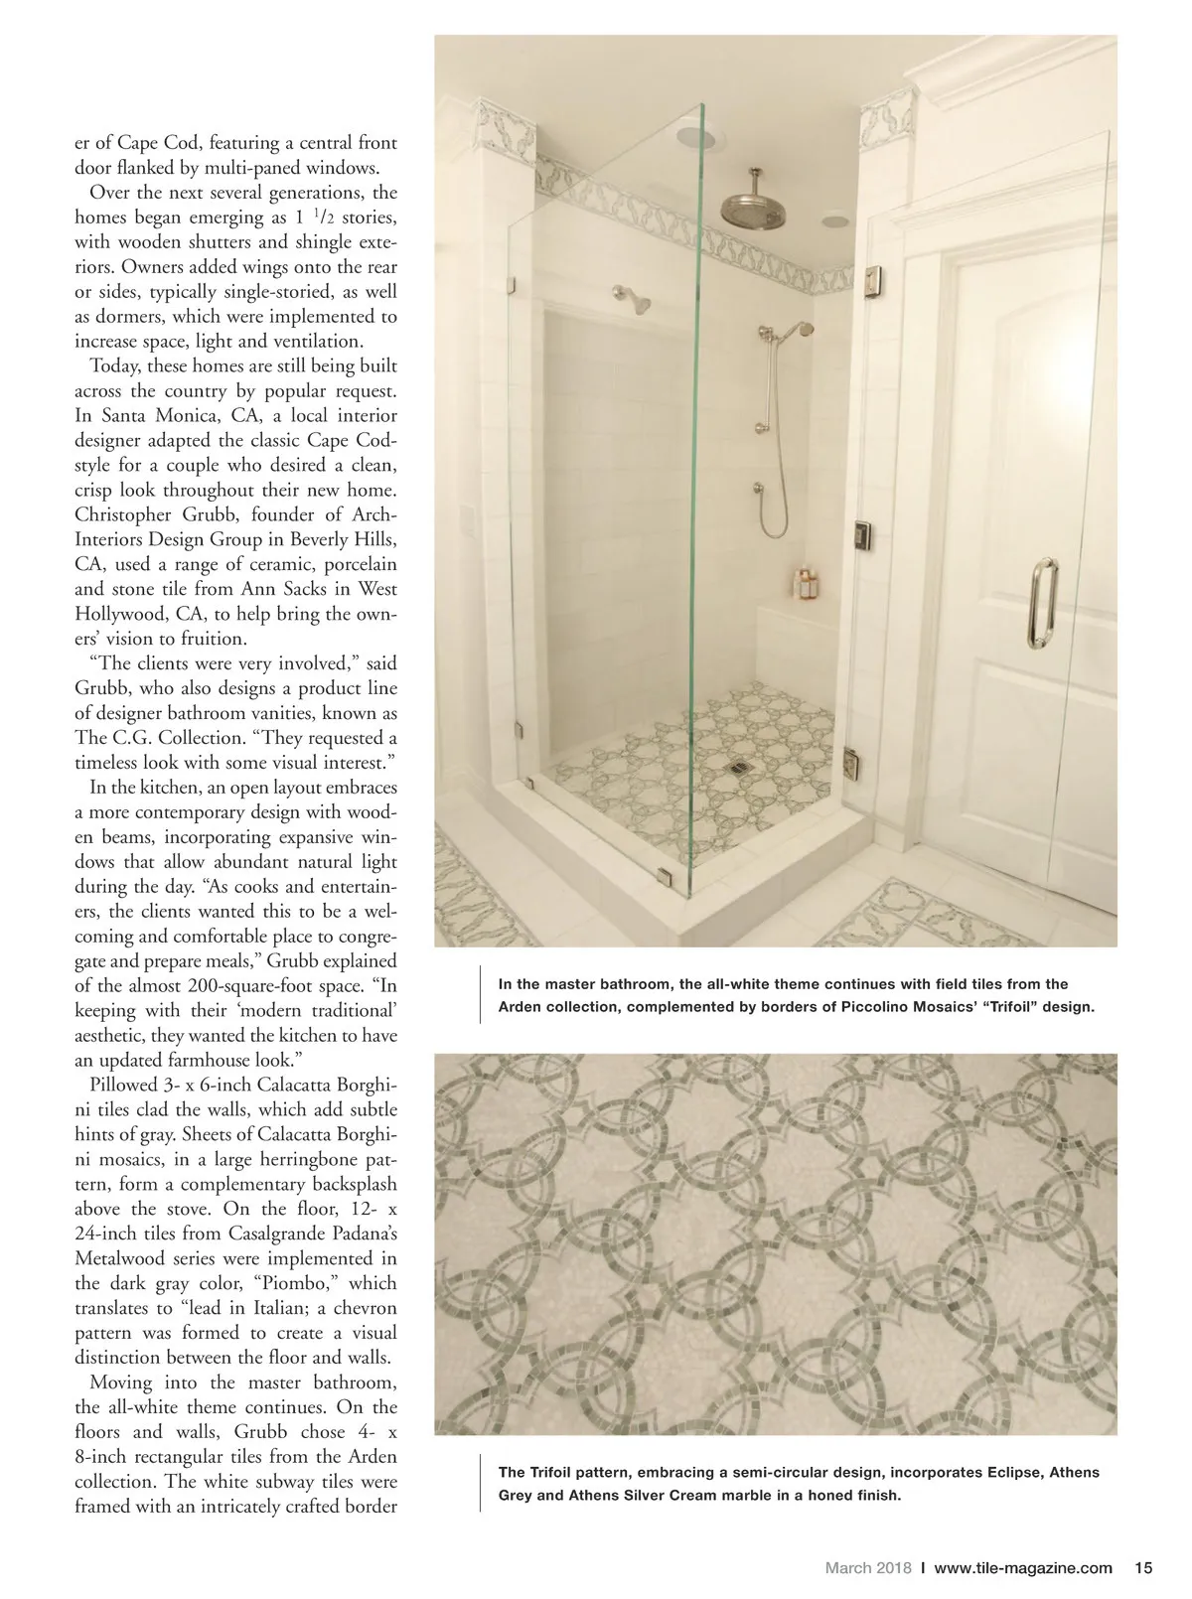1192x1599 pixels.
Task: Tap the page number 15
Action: (x=1142, y=1568)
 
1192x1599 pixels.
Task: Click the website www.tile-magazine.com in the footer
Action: (x=1023, y=1568)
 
